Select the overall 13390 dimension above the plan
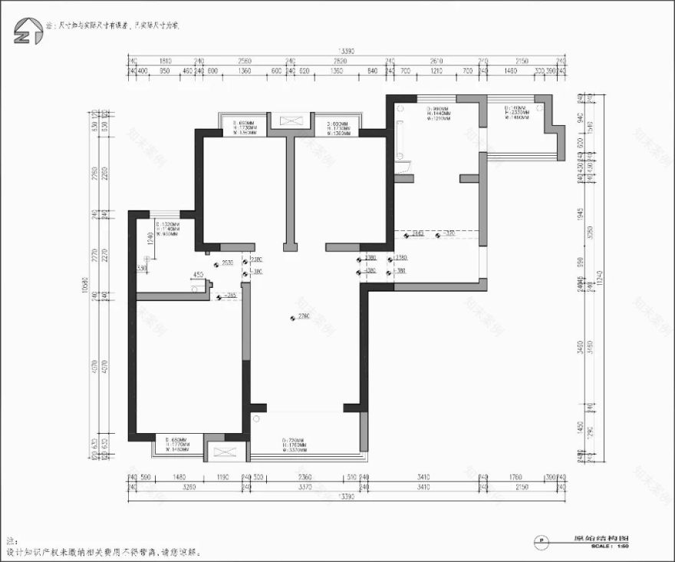[347, 51]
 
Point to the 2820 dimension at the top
[340, 61]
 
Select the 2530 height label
[227, 263]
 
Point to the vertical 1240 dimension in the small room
[150, 240]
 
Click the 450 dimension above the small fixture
[198, 275]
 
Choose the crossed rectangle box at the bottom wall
[225, 451]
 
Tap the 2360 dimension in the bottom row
[305, 476]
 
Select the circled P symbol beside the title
[542, 541]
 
